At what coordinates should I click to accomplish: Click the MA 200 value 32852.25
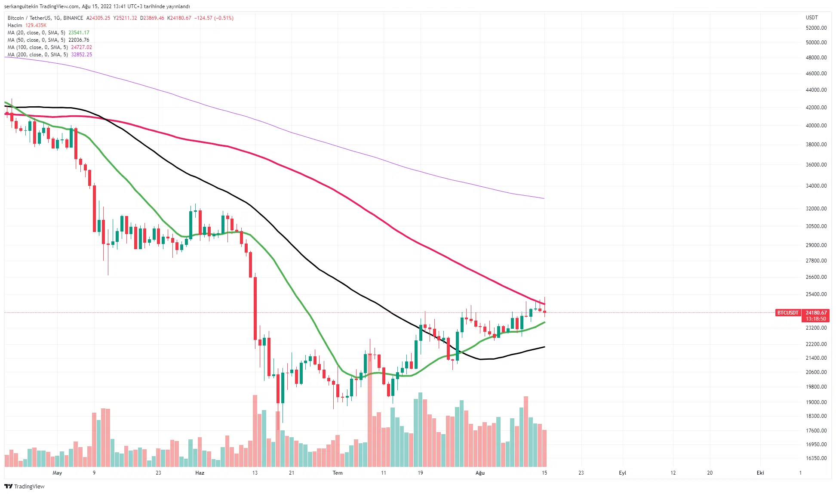(x=81, y=55)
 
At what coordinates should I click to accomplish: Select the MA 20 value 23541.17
(x=79, y=33)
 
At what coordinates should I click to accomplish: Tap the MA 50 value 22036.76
(x=79, y=40)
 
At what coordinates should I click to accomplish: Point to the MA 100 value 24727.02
(x=81, y=47)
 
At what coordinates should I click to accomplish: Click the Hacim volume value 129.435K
(x=36, y=25)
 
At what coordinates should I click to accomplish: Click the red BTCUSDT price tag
(x=787, y=313)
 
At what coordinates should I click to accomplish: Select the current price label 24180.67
(x=816, y=313)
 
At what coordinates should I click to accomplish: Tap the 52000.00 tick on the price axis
(x=816, y=28)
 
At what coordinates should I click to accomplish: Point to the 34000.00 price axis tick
(x=816, y=186)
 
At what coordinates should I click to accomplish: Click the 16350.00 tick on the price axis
(x=816, y=458)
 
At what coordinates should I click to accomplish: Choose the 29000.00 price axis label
(x=816, y=245)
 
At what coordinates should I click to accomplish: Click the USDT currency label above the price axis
(x=811, y=18)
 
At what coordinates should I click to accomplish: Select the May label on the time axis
(x=57, y=473)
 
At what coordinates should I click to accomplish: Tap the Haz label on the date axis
(x=200, y=473)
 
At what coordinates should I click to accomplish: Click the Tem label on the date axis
(x=338, y=473)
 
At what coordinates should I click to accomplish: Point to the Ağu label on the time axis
(x=480, y=473)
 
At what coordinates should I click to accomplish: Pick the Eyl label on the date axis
(x=622, y=473)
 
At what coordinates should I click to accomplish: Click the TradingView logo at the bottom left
(x=25, y=486)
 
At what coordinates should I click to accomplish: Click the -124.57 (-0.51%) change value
(x=214, y=18)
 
